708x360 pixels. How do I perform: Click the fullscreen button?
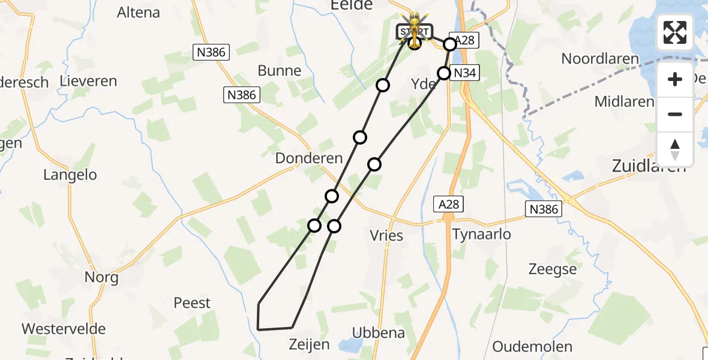click(675, 32)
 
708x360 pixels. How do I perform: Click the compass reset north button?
click(675, 149)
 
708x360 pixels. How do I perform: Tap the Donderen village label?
click(308, 158)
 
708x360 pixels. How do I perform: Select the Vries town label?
click(387, 236)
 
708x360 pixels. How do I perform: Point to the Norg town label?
click(101, 277)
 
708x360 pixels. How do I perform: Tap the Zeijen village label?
click(309, 344)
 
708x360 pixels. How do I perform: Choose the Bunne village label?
click(280, 71)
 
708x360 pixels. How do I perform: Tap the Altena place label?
click(139, 13)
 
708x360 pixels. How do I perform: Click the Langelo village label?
click(70, 175)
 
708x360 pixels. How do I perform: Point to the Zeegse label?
click(553, 269)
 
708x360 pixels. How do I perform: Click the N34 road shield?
click(466, 73)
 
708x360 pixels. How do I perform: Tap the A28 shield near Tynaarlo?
click(449, 205)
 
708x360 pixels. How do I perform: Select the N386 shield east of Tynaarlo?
click(544, 209)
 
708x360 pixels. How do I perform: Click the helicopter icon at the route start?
click(415, 27)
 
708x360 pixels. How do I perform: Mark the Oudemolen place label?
click(532, 346)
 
